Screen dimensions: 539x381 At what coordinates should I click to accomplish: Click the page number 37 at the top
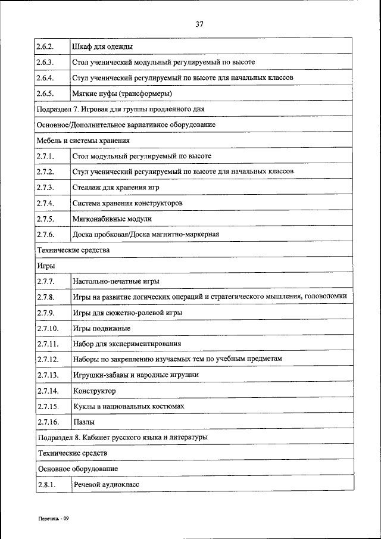click(199, 24)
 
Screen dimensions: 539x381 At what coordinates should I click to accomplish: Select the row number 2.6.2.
click(45, 46)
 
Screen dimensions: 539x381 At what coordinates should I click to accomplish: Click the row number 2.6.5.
click(45, 94)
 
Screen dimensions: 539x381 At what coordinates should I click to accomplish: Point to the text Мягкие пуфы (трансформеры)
click(122, 94)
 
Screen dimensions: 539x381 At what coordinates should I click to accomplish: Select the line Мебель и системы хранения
click(83, 141)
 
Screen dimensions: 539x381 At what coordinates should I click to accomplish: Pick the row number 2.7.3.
click(45, 187)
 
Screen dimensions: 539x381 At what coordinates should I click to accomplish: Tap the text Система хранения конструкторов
click(127, 203)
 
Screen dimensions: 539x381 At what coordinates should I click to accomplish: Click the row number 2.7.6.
click(45, 234)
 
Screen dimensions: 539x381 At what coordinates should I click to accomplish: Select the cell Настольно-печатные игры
click(115, 281)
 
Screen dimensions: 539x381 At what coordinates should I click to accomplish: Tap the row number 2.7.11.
click(47, 344)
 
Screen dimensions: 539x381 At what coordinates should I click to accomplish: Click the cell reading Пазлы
click(84, 422)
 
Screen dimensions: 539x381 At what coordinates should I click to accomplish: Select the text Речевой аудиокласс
click(106, 485)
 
